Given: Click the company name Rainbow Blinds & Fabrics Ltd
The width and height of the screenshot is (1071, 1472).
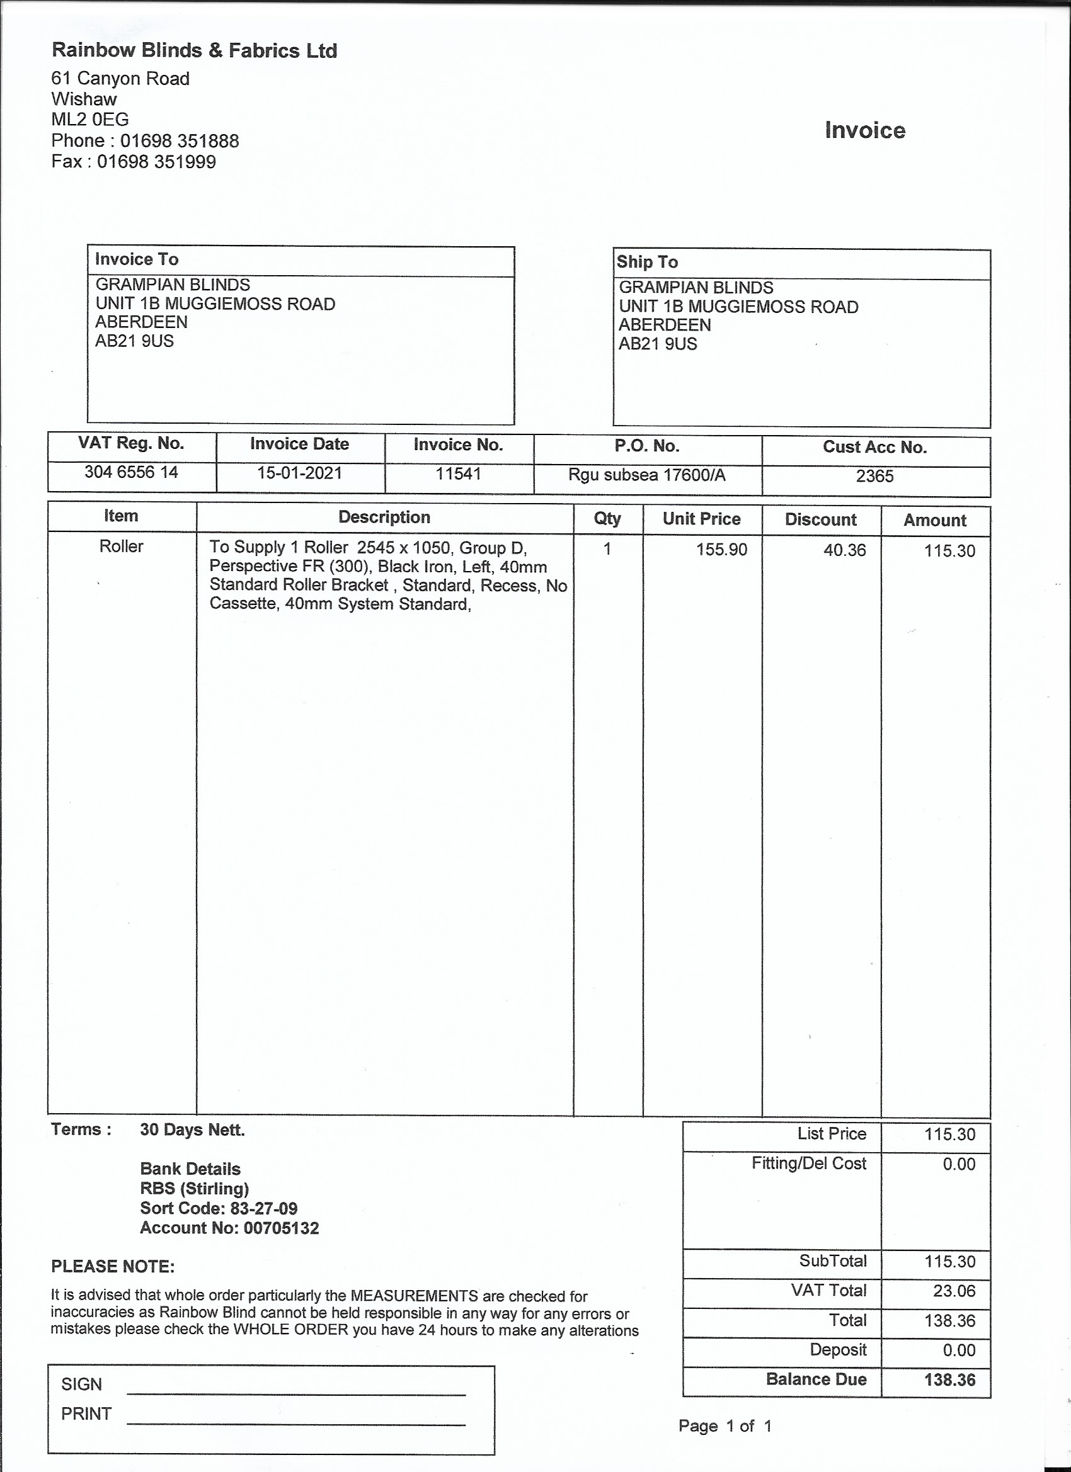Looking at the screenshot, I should [194, 50].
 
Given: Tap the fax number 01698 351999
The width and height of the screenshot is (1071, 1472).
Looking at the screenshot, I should [156, 162].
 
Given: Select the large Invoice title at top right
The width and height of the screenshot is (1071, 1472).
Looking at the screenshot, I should [864, 130].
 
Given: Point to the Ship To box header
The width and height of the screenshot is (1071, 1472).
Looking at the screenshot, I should [647, 262].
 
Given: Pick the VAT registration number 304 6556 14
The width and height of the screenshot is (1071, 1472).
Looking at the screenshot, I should [131, 472].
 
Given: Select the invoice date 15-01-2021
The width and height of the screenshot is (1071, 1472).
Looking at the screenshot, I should [299, 473].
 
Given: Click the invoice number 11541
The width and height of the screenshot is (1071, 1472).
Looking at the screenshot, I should [458, 474].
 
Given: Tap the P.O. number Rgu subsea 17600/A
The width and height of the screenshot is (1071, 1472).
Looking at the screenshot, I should [646, 476].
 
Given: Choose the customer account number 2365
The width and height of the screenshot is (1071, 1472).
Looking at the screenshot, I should [874, 477].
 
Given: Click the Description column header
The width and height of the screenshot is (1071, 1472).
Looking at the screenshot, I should [384, 518].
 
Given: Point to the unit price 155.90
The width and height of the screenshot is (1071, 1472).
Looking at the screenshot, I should [721, 550].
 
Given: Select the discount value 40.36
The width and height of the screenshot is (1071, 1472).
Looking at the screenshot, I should [844, 550].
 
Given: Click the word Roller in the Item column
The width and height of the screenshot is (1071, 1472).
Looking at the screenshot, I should [121, 546].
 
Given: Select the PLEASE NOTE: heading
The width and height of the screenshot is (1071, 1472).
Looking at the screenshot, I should [112, 1267].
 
